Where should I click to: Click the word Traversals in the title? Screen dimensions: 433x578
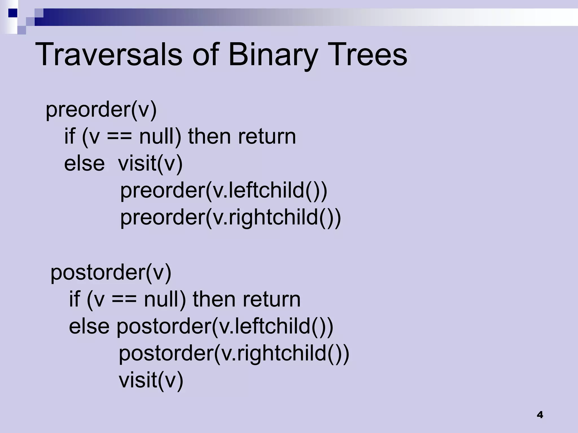109,54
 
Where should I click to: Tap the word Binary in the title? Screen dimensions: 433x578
273,54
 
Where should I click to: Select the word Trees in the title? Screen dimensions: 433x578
367,54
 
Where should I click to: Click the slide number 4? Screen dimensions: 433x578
540,415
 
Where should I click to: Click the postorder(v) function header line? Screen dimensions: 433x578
111,272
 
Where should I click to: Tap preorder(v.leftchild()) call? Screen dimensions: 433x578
224,191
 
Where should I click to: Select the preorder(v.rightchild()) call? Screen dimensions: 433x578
230,218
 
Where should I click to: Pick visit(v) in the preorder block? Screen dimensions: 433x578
150,164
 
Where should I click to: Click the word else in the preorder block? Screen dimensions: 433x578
84,164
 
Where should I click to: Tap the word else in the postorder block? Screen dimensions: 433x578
89,326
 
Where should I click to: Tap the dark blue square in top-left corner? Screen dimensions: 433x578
12,13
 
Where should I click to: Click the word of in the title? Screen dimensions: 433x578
205,54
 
